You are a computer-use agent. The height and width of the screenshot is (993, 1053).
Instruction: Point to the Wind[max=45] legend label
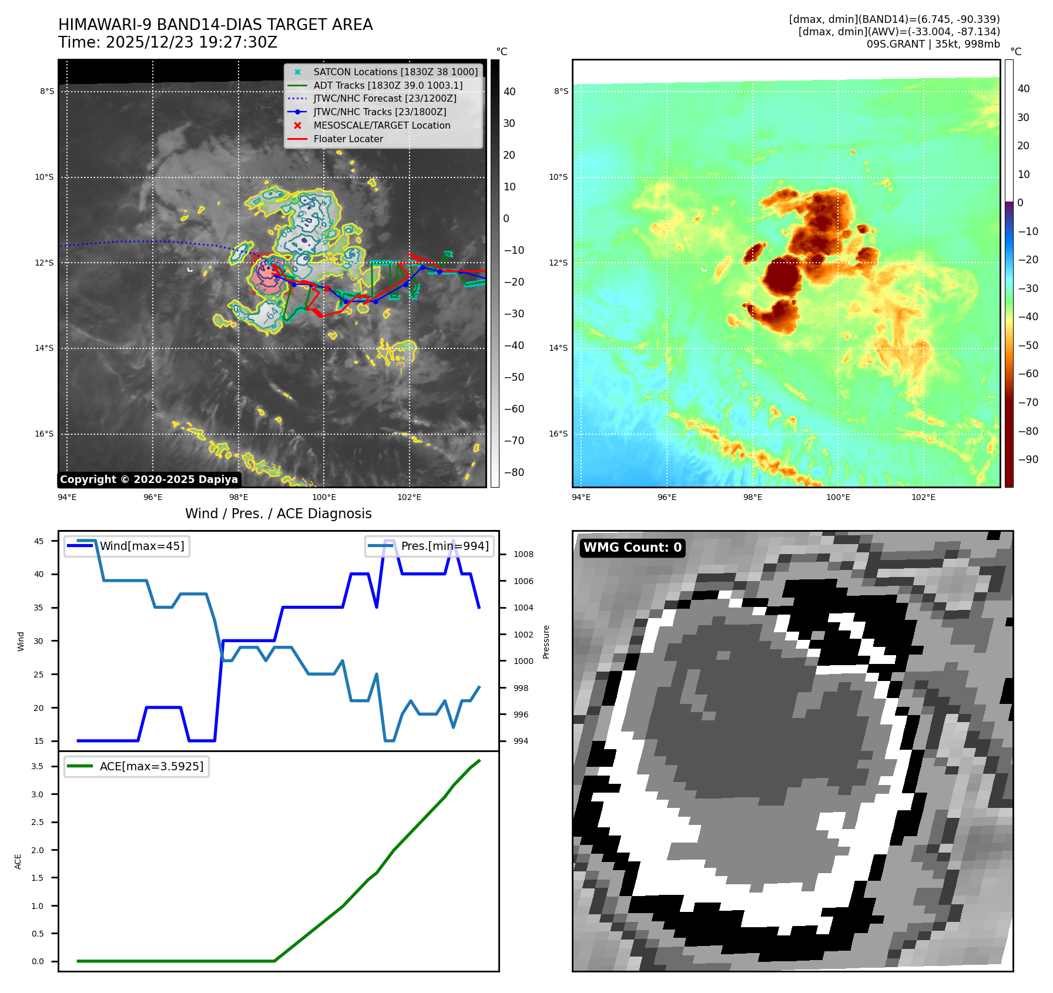(x=142, y=546)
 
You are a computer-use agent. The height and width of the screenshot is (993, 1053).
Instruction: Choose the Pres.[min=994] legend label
(x=445, y=546)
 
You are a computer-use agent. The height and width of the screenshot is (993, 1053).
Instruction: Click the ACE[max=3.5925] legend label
(x=152, y=766)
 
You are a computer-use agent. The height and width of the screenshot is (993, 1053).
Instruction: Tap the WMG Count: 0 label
(x=632, y=548)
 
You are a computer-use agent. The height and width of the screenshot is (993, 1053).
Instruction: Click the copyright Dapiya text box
(x=149, y=479)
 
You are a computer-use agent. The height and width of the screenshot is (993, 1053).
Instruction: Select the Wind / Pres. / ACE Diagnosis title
(x=279, y=514)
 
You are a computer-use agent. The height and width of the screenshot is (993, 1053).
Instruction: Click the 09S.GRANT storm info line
(x=933, y=44)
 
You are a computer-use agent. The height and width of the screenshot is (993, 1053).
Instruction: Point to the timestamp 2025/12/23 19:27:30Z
(x=191, y=42)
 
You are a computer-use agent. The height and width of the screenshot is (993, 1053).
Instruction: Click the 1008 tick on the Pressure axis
(x=523, y=554)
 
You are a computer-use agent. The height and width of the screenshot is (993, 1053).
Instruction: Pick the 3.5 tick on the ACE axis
(x=38, y=766)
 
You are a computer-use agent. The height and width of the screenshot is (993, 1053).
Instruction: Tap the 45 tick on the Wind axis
(x=39, y=541)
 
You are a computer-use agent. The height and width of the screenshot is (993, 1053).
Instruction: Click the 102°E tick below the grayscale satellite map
(x=409, y=497)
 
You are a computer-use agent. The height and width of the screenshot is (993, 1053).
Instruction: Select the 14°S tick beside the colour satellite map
(x=558, y=348)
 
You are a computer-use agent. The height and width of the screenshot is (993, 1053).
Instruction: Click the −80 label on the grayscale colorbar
(x=514, y=472)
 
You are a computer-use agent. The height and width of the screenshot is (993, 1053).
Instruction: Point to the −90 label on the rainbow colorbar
(x=1028, y=459)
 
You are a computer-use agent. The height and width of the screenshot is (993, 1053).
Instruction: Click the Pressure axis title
(x=546, y=642)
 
